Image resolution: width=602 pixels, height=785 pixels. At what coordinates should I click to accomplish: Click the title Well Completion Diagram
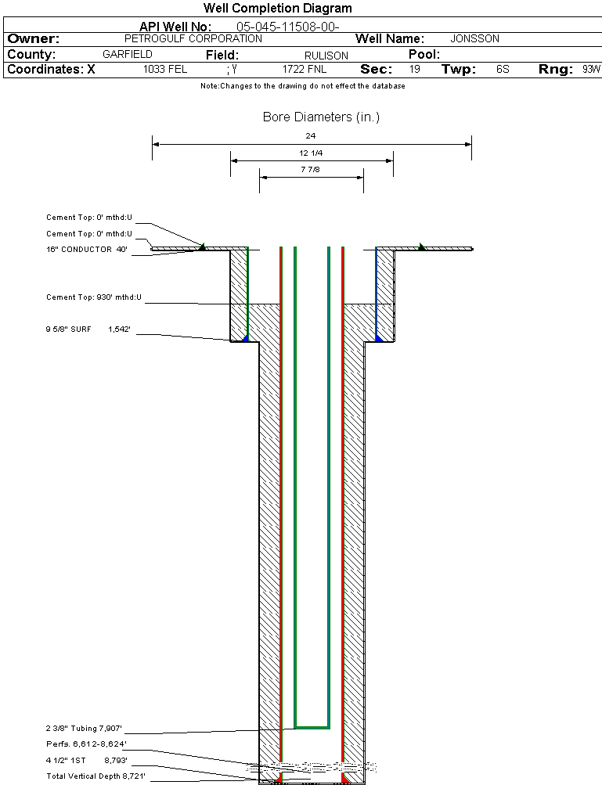point(278,9)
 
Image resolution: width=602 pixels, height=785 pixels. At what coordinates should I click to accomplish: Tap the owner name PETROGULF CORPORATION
point(193,38)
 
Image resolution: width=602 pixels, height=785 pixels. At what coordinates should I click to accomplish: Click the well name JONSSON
point(475,38)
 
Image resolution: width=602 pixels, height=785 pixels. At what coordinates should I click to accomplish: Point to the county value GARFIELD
point(128,55)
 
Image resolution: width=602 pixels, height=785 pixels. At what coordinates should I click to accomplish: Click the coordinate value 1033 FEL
point(165,70)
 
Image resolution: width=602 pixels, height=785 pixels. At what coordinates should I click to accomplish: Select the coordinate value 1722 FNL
point(305,70)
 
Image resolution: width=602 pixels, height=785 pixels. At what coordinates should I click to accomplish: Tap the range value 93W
point(591,70)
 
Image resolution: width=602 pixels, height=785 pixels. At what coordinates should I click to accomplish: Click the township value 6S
point(503,70)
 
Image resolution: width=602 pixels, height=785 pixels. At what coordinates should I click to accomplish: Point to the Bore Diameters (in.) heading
point(321,117)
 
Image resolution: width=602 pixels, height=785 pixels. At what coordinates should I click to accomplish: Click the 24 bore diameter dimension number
point(311,136)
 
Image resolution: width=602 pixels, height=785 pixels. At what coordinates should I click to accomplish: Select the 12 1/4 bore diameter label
point(311,153)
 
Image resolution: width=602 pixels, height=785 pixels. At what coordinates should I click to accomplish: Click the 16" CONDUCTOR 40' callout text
point(86,250)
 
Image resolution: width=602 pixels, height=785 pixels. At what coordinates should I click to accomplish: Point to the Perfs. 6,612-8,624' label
point(86,744)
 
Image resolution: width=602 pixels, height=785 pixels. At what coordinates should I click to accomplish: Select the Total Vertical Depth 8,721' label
point(96,776)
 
